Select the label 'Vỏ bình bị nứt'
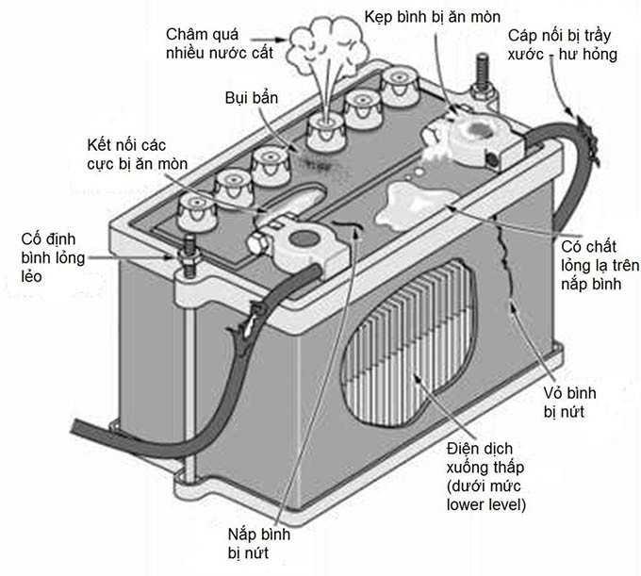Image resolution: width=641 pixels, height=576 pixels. click(570, 402)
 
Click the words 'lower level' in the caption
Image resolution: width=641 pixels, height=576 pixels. click(485, 505)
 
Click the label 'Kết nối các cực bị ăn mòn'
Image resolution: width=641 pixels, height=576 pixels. click(133, 153)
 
